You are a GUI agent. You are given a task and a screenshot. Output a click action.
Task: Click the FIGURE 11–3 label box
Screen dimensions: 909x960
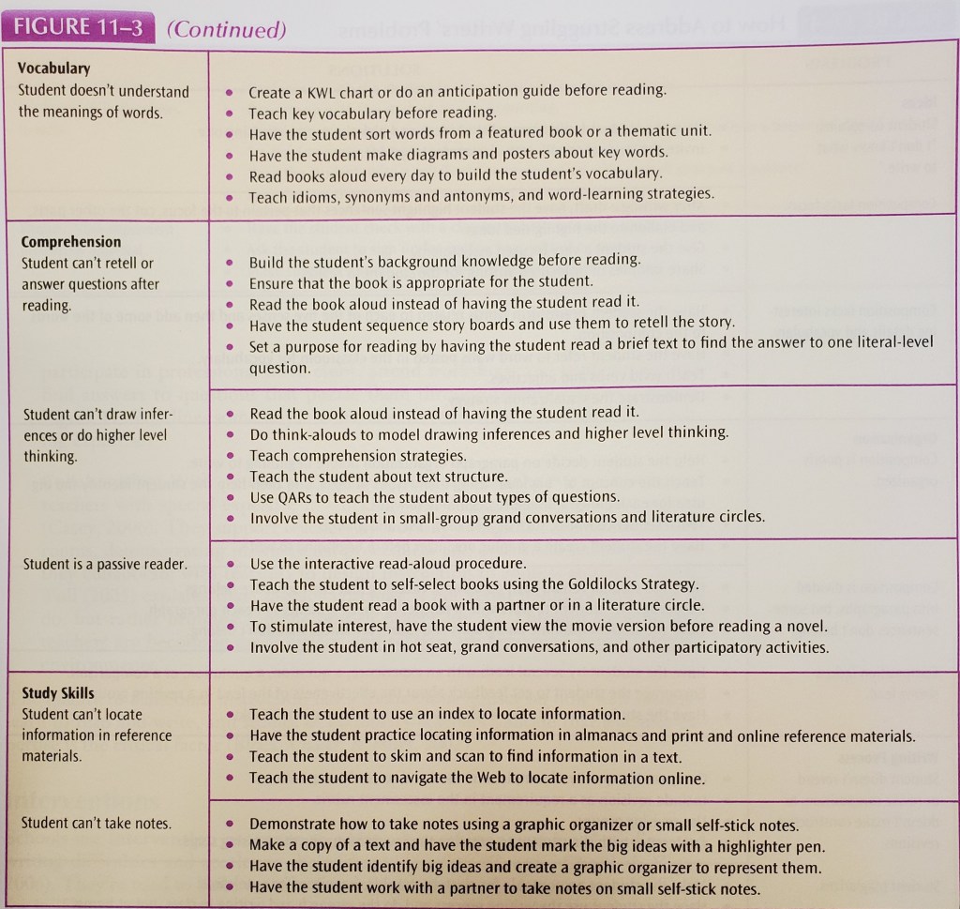coord(77,28)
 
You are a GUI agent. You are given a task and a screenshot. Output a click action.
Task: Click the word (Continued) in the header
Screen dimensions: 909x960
coord(225,29)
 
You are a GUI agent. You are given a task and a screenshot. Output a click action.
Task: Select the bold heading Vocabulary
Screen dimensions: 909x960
coord(55,68)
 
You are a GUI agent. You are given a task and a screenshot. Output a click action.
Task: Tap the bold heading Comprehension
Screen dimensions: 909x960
coord(71,241)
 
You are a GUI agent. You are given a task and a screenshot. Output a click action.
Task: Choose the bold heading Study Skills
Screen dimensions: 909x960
coord(58,693)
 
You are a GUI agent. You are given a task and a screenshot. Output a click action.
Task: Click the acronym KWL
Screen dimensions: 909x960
coord(322,91)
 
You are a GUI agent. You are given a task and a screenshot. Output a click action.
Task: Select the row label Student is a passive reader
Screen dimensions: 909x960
coord(104,564)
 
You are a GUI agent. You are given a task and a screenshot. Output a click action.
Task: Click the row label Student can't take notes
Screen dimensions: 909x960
coord(97,824)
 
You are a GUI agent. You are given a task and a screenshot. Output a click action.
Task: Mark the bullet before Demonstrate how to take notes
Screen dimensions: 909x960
coord(230,826)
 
